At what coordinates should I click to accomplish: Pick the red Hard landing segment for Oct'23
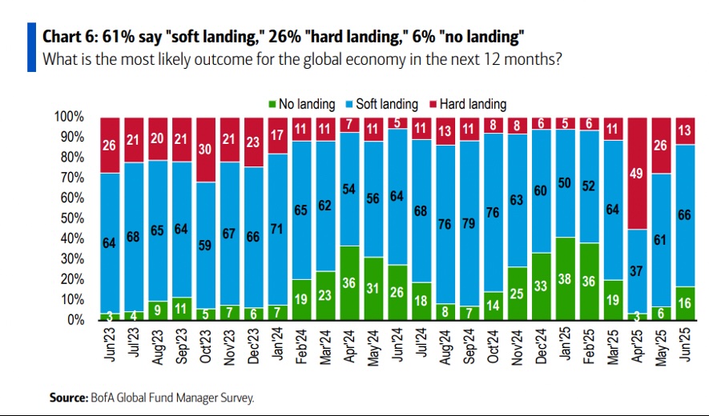click(206, 150)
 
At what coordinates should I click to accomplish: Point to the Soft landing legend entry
click(385, 104)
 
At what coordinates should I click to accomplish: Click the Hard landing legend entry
click(472, 104)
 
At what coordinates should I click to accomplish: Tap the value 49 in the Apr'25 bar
click(639, 177)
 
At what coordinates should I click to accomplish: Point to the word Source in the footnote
click(68, 396)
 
